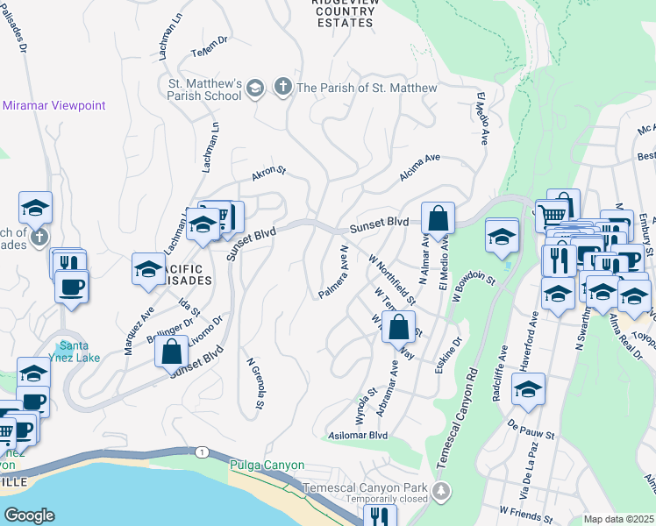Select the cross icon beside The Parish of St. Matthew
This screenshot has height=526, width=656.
coord(282,87)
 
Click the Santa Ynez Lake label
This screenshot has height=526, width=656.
coord(74,351)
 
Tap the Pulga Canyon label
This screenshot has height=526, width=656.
coord(267,465)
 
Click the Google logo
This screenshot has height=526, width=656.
coord(29,515)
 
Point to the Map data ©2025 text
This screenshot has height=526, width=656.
coord(618,519)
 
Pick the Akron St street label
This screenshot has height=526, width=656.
coord(269,173)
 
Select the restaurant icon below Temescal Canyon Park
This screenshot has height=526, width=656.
coord(380,517)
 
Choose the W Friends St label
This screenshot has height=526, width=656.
coord(527,509)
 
